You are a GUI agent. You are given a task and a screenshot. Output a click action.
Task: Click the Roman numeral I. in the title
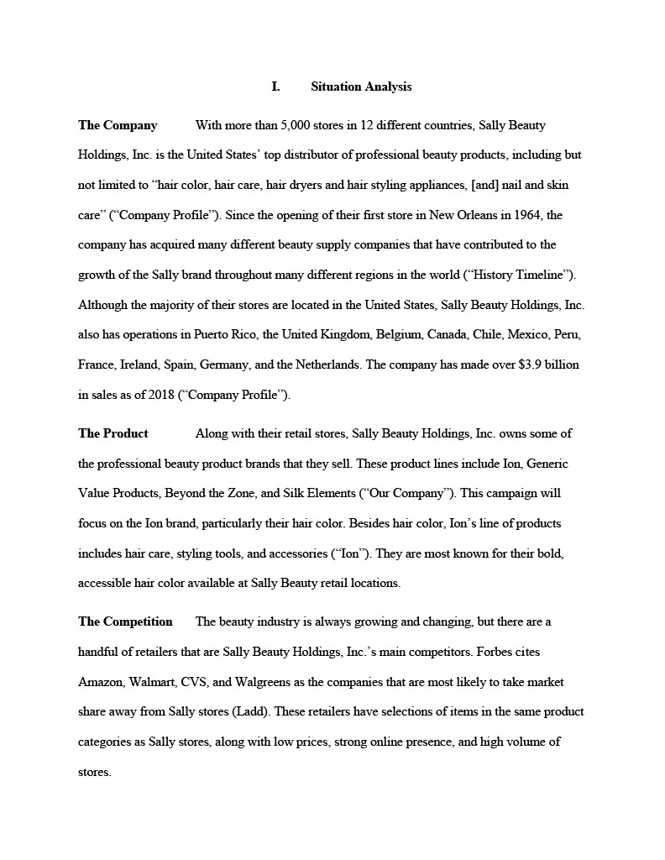(275, 87)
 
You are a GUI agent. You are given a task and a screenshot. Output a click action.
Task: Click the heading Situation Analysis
(361, 87)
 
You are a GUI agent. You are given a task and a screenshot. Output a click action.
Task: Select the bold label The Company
(118, 125)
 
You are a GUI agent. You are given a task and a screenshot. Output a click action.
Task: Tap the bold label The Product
(113, 433)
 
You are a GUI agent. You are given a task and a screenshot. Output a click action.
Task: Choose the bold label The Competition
(125, 621)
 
